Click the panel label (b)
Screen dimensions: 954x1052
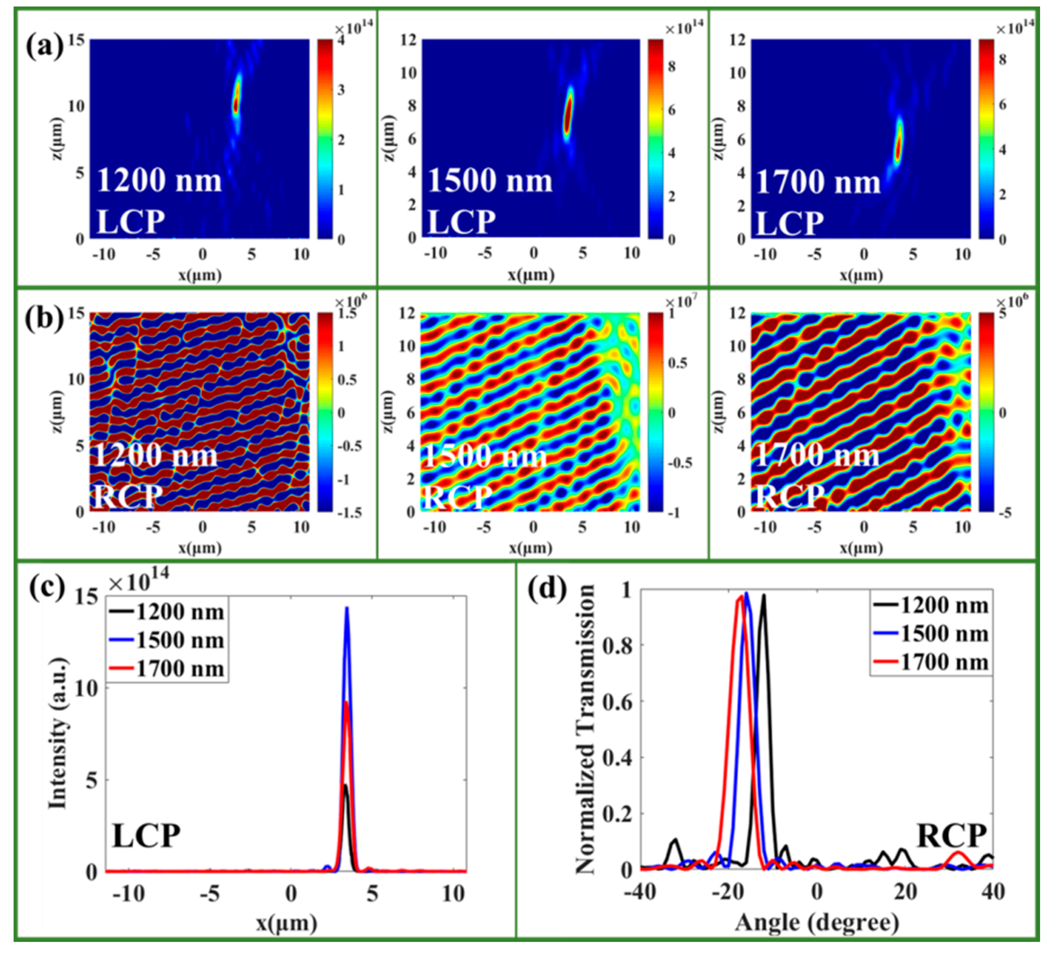coord(44,319)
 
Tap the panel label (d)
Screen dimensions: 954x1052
coord(547,590)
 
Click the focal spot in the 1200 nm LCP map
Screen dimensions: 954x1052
coord(236,99)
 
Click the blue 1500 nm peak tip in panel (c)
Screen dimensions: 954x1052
coord(347,608)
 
